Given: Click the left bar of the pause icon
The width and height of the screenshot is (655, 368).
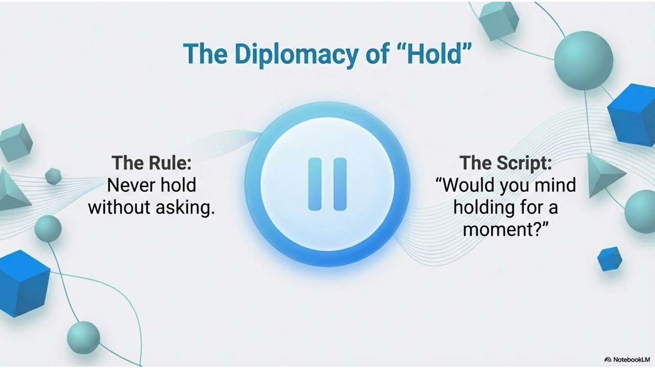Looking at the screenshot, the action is tap(315, 185).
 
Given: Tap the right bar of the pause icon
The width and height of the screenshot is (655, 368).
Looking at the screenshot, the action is tap(340, 185).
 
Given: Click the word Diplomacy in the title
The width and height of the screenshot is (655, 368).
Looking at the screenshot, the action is tap(296, 54).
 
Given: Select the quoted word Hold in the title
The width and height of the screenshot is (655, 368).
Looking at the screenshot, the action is tap(434, 54).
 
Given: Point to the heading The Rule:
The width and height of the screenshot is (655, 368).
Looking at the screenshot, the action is tap(151, 163).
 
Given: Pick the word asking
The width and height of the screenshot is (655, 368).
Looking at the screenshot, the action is tap(185, 208).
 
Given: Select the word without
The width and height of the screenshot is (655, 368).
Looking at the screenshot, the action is tap(119, 208).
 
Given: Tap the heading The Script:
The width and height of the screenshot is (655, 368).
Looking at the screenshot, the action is tap(506, 163).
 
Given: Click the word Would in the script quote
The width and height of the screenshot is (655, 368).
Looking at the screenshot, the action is tap(466, 185).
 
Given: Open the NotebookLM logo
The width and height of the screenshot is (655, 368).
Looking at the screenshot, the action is tap(627, 359).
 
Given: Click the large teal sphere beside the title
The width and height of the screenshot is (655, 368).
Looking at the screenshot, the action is tap(584, 60).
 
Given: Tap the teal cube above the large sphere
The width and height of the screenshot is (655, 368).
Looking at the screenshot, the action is tap(498, 20).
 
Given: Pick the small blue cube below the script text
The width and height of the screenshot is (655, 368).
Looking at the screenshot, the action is tap(609, 259).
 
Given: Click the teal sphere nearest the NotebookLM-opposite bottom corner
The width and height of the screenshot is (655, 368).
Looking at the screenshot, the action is tap(83, 338).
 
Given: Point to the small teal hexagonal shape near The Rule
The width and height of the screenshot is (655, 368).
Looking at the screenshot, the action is tap(53, 176).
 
